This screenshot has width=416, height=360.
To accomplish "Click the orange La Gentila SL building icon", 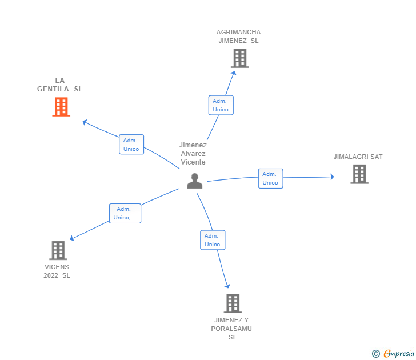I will coord(61,107).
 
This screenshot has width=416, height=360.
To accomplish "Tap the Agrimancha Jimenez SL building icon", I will coord(240,58).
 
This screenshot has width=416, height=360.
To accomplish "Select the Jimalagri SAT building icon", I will coord(359,174).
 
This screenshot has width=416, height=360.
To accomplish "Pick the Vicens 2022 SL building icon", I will coord(58,250).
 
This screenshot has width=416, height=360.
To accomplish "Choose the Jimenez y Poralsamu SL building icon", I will coord(233,303).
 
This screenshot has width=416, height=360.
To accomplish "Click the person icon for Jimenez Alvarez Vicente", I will coord(195,181).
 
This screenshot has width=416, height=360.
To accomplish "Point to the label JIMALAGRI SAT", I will coord(358,157).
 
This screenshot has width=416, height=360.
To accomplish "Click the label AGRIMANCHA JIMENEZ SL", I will coord(239,37).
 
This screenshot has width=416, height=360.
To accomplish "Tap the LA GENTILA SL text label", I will coord(60,85).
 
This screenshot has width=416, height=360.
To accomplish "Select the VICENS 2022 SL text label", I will coord(57,271).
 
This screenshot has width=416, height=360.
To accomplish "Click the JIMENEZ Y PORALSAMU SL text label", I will coord(231,329).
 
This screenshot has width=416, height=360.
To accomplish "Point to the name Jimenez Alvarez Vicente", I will coord(193,154).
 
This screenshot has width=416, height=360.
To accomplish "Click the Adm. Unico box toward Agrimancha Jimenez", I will coord(221,105).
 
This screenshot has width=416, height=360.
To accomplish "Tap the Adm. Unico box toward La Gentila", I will coord(131,145).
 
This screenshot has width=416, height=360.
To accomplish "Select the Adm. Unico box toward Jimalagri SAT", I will coord(270,178).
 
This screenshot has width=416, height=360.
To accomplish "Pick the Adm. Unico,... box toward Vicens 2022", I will coord(125,213).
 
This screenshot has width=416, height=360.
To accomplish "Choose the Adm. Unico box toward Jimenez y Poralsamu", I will coord(213,240).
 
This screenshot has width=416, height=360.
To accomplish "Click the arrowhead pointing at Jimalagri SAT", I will coord(332,177).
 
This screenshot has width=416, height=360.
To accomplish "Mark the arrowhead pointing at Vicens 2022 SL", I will coord(71,239).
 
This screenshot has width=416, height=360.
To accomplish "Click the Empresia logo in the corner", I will coord(394,353).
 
